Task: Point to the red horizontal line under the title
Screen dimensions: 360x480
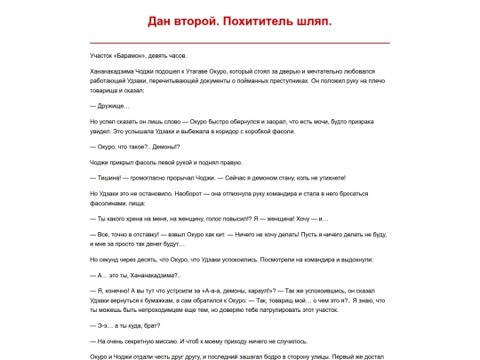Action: pyautogui.click(x=240, y=42)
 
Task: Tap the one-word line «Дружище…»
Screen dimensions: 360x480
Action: pyautogui.click(x=110, y=107)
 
